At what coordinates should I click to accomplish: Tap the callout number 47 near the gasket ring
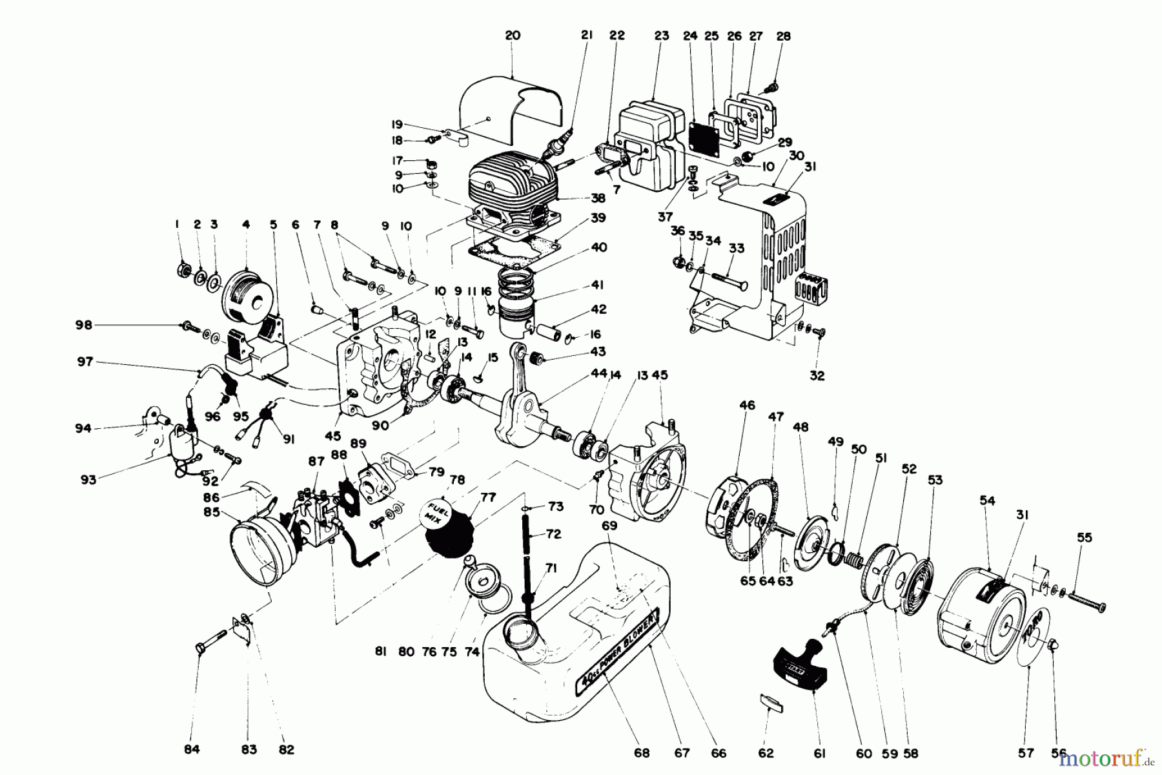[776, 417]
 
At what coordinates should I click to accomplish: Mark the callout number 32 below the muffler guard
[817, 375]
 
